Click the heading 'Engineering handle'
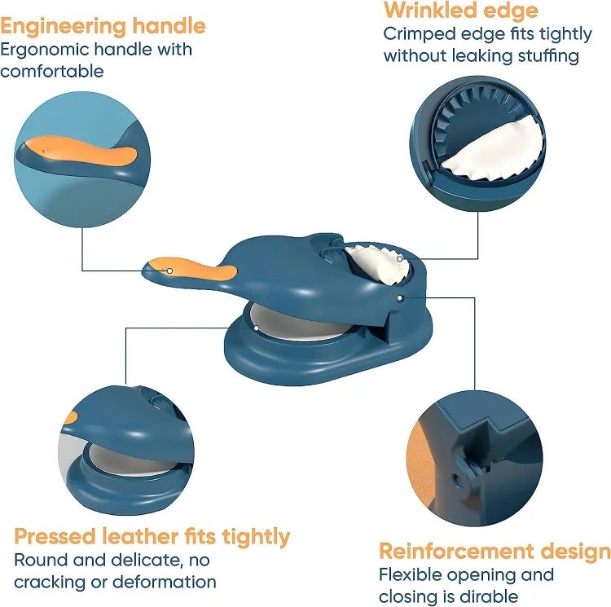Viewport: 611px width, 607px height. point(103,25)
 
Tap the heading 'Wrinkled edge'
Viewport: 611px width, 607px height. point(460,11)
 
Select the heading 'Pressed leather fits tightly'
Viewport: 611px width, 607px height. point(152,536)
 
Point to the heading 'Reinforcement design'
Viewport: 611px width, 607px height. point(495,551)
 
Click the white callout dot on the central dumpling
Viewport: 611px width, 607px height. point(401,259)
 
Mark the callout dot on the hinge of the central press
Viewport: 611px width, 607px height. point(401,298)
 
